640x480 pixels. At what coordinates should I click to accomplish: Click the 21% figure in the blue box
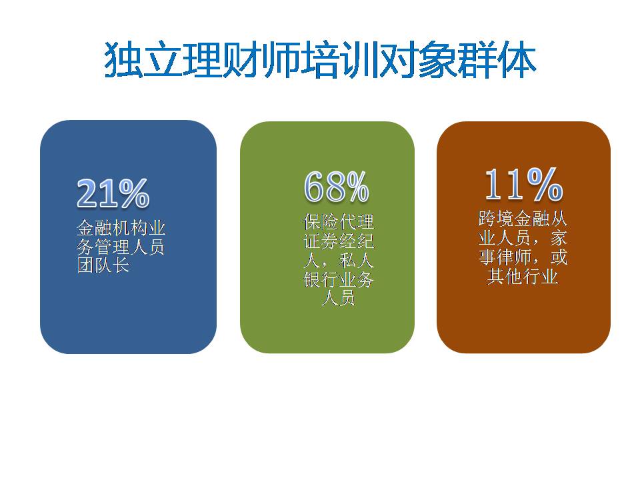coord(113,193)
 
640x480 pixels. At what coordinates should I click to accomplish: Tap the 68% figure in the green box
coord(337,187)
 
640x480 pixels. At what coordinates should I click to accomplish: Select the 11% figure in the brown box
coord(524,184)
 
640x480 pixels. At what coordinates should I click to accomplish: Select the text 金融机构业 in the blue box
coord(121,228)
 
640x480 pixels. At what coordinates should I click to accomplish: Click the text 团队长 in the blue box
coord(103,266)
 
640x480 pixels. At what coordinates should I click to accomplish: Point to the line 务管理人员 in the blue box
coord(121,247)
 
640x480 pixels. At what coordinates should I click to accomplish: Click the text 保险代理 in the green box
coord(339,221)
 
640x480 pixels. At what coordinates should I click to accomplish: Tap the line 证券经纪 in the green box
coord(339,241)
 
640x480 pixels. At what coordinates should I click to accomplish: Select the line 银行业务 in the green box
coord(339,279)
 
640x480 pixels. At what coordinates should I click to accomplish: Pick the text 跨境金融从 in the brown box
coord(523,219)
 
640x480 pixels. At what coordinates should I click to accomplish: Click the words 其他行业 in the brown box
coord(523,277)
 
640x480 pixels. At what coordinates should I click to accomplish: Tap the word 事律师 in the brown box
coord(505,257)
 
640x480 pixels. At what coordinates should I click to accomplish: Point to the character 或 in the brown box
coord(559,257)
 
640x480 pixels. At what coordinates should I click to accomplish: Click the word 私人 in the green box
coord(356,261)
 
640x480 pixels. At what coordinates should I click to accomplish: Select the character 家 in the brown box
coord(559,239)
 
